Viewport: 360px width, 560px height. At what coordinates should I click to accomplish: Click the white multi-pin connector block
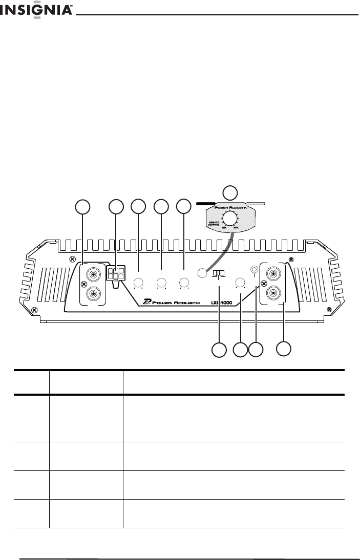(116, 273)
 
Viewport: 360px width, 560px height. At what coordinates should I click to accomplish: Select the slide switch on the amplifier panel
(219, 273)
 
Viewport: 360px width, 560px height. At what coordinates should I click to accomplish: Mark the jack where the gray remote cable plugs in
(202, 273)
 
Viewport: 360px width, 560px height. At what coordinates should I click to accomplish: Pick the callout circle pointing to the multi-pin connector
(116, 206)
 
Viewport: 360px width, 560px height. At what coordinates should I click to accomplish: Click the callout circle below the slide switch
(219, 350)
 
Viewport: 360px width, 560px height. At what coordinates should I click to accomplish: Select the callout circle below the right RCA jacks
(284, 349)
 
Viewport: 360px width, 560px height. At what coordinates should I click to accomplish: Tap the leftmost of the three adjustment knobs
(138, 283)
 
